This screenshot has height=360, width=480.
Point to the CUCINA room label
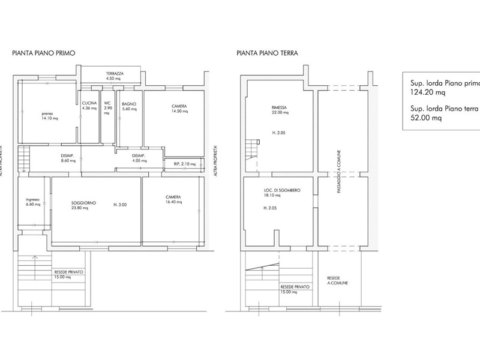(89, 103)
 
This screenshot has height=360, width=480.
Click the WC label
(107, 103)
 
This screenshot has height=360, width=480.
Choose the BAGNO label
(129, 103)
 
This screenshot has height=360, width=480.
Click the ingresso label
(31, 199)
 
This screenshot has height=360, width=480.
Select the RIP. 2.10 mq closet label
(181, 163)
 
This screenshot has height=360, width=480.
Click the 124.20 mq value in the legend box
(424, 94)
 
